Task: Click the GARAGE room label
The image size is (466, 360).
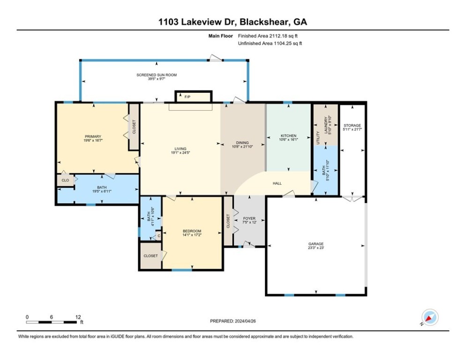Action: click(x=316, y=244)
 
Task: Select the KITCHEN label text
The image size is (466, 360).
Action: click(x=288, y=135)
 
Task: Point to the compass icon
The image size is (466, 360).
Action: click(x=429, y=317)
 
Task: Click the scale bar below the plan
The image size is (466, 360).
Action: click(x=52, y=322)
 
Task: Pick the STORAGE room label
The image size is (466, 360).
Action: click(x=352, y=126)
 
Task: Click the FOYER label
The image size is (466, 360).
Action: click(x=249, y=219)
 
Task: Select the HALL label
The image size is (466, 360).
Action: click(x=277, y=183)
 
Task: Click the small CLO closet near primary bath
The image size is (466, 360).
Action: click(x=65, y=180)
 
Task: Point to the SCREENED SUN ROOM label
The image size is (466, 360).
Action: click(x=157, y=75)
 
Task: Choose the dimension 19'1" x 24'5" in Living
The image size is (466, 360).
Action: click(x=180, y=152)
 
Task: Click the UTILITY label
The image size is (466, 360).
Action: click(x=317, y=138)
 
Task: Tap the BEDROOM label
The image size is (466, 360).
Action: click(x=192, y=231)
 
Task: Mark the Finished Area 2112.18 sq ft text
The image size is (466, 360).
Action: click(x=268, y=36)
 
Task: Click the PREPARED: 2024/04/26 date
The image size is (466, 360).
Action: click(x=233, y=321)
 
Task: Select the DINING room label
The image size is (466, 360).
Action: click(x=242, y=143)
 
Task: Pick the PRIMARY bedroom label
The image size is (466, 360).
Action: click(x=93, y=136)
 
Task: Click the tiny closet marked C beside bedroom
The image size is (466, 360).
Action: click(x=158, y=236)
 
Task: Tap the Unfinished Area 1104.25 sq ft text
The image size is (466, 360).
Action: click(x=270, y=44)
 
